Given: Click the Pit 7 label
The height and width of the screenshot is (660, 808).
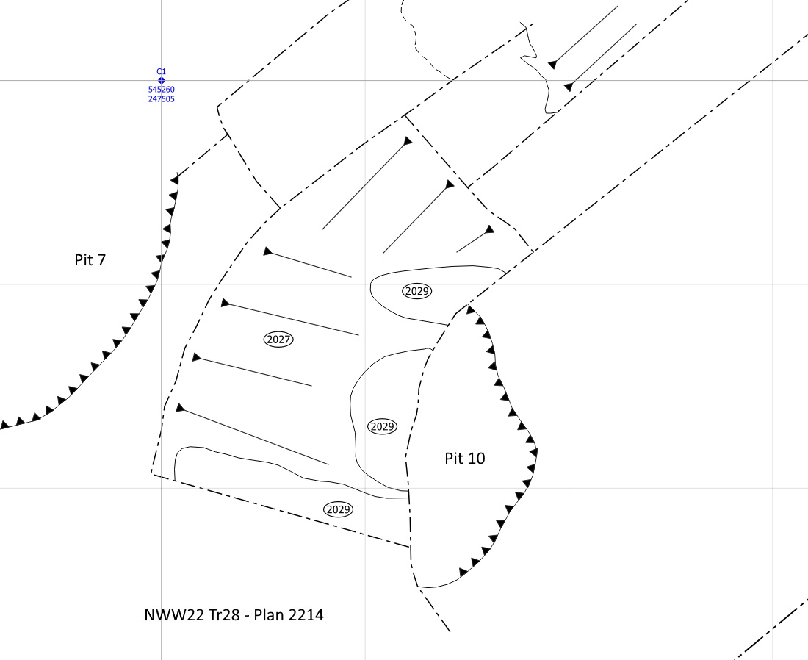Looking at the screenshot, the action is click(x=90, y=259).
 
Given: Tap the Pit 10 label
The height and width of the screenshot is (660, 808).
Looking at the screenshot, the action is click(x=465, y=458).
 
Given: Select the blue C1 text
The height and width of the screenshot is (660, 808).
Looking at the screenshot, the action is click(x=162, y=72).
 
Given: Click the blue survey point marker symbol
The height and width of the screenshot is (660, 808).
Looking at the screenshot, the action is click(x=162, y=80).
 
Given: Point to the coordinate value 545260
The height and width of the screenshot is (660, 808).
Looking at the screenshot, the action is click(x=162, y=89).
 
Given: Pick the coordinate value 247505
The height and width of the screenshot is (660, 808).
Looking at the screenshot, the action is click(x=162, y=99).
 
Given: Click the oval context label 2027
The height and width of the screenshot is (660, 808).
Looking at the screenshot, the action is click(x=278, y=340).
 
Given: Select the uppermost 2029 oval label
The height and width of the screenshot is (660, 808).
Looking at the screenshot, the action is click(x=417, y=291).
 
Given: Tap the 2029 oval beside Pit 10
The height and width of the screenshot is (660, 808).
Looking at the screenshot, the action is click(x=383, y=426).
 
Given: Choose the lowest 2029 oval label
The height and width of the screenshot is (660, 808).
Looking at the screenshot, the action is click(x=339, y=509).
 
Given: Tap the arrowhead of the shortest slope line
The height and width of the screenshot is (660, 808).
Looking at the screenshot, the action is click(x=489, y=229).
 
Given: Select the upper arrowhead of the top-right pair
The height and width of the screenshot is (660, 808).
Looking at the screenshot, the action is click(x=552, y=65).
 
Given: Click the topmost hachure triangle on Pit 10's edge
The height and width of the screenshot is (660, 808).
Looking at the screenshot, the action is click(x=470, y=309).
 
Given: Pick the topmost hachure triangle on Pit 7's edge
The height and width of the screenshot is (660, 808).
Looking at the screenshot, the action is click(x=175, y=181).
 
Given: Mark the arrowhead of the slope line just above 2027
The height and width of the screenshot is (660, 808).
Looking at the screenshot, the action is click(x=226, y=303).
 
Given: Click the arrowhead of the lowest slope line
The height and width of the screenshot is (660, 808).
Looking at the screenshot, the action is click(x=180, y=408).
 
